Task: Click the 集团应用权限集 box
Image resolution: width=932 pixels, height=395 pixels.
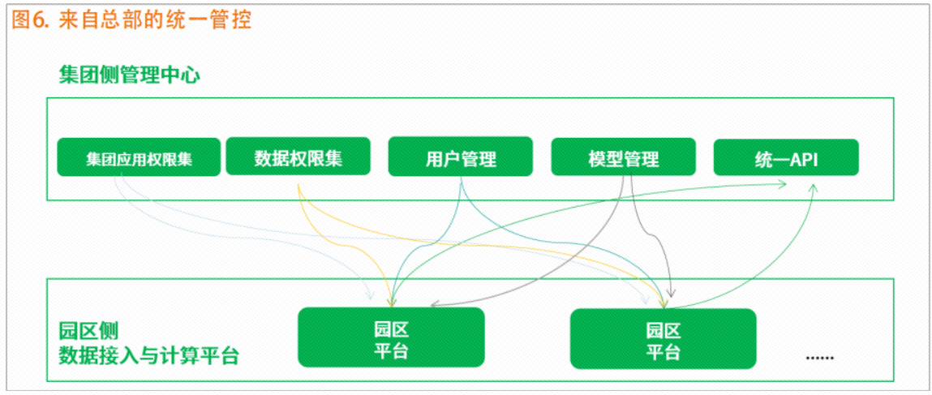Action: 139,157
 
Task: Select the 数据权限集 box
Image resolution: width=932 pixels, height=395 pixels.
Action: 298,157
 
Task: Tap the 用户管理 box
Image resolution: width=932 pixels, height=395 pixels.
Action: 461,157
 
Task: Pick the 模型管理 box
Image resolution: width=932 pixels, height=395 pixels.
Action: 623,157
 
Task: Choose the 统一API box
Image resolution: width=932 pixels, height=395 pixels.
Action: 786,157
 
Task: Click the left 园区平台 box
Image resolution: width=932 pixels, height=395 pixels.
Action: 391,337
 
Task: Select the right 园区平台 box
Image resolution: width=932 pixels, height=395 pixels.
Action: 663,338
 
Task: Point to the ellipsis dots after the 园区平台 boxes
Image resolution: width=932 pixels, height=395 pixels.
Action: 820,359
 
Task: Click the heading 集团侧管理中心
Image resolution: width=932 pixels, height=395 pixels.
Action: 129,75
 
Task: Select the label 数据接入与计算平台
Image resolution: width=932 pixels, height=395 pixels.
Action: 148,356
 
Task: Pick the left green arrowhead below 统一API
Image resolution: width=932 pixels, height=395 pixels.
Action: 781,183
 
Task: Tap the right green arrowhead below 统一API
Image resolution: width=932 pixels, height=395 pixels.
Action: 813,187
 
